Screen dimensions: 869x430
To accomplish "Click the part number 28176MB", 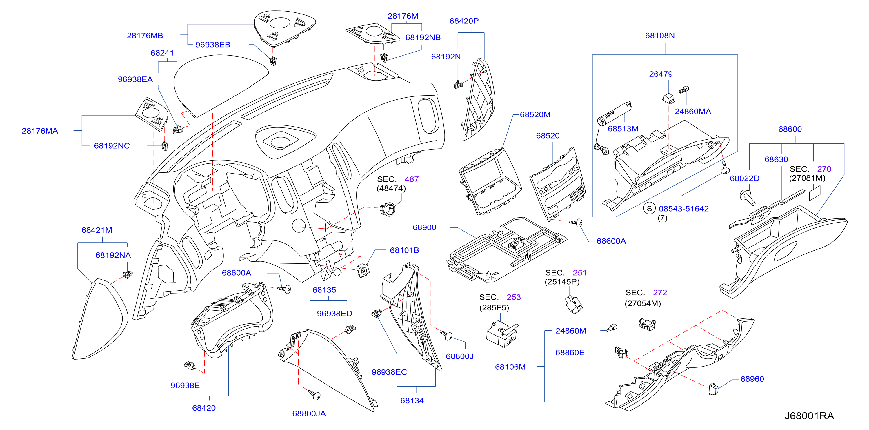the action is pos(145,35).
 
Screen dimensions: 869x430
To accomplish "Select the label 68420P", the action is pos(464,21).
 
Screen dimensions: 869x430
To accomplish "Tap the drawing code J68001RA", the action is pos(809,416).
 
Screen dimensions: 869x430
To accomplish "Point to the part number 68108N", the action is pos(660,35).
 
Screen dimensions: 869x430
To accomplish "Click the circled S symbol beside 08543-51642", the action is pos(649,208).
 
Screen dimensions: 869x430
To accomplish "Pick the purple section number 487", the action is pos(412,179).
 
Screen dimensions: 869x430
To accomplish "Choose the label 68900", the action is pos(424,227).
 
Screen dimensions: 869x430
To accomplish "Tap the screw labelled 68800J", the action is pos(446,335).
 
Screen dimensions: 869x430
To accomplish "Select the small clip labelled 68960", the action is pos(713,389).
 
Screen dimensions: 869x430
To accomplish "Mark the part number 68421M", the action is pos(97,230).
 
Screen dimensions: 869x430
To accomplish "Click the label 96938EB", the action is pos(213,45).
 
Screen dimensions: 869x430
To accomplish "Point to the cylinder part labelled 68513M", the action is pos(614,114).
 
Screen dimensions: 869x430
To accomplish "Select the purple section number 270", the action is pos(824,169).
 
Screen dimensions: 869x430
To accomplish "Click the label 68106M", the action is pos(510,367).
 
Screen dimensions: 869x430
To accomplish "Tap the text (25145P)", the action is pos(562,282).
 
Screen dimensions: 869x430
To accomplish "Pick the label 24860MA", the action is pos(693,111).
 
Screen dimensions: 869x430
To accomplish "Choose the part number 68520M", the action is pos(535,115).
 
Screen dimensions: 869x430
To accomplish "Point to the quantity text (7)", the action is pos(663,218).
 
